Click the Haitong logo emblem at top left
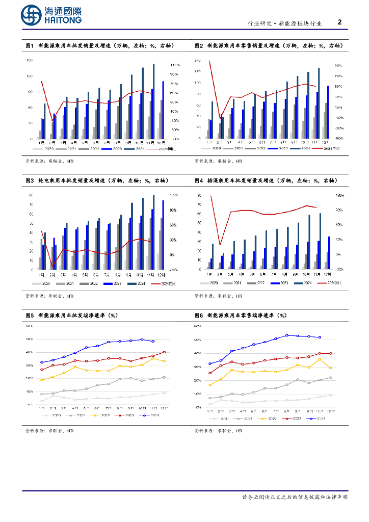tap(31, 16)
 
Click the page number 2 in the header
tap(340, 22)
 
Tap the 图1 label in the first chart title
tap(30, 46)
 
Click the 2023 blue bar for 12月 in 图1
tap(163, 110)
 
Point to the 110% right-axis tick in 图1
tap(175, 65)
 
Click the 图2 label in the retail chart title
tap(199, 46)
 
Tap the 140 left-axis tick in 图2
tap(197, 61)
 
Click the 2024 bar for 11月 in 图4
tap(320, 241)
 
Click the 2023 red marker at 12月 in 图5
tap(164, 352)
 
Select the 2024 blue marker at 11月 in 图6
tap(320, 337)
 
